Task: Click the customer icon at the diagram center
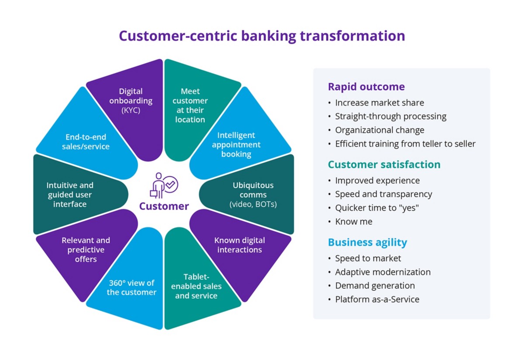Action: (163, 185)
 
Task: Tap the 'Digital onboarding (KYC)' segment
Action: (131, 105)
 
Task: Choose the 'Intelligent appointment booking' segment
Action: (236, 144)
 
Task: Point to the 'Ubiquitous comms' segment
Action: (253, 194)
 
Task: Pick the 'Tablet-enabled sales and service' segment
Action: (196, 288)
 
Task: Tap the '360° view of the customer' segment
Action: (131, 288)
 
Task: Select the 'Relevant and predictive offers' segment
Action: (86, 250)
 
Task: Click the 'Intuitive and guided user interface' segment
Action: (70, 195)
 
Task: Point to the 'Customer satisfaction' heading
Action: (384, 164)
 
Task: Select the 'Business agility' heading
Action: (367, 242)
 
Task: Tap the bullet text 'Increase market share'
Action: (379, 103)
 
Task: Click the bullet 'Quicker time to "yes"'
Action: (377, 208)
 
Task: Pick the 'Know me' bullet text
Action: (354, 222)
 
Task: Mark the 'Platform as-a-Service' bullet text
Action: (377, 299)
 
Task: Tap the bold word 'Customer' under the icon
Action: (164, 206)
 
